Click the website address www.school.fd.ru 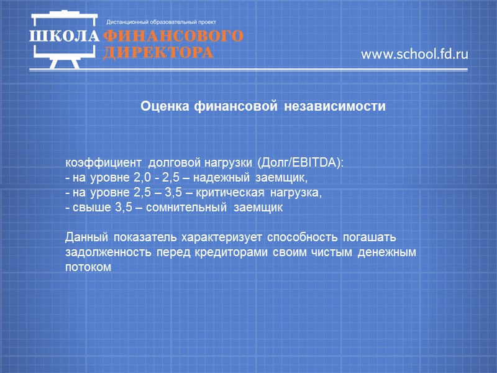coord(414,55)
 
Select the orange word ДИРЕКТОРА coord(158,52)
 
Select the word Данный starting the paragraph coord(86,238)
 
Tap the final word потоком coord(88,268)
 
